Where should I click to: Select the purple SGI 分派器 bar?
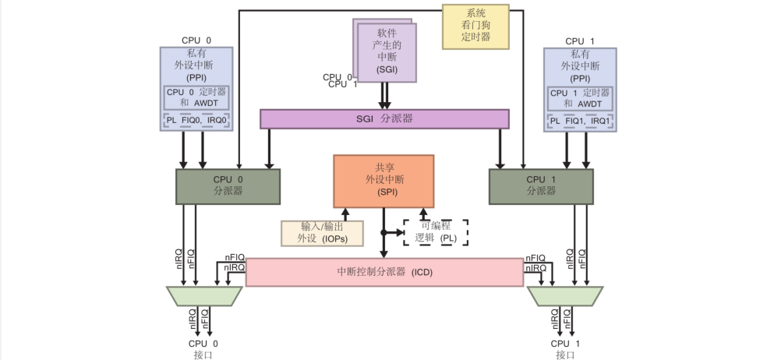(383, 118)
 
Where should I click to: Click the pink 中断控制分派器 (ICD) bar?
(384, 273)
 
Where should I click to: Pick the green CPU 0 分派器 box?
(228, 185)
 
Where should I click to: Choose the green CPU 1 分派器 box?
(541, 185)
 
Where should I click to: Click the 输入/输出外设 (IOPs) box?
(323, 233)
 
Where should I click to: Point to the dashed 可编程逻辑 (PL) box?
(436, 232)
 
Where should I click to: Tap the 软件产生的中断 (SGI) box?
(387, 51)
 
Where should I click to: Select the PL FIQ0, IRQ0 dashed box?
(196, 121)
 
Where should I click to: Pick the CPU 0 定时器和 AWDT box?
(196, 97)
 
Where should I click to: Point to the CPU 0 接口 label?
(203, 348)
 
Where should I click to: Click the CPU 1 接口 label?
(566, 348)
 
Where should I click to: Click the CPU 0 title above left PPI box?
(196, 41)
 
